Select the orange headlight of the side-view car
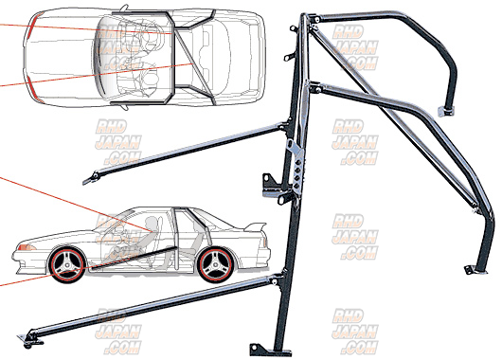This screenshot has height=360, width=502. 20,248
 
